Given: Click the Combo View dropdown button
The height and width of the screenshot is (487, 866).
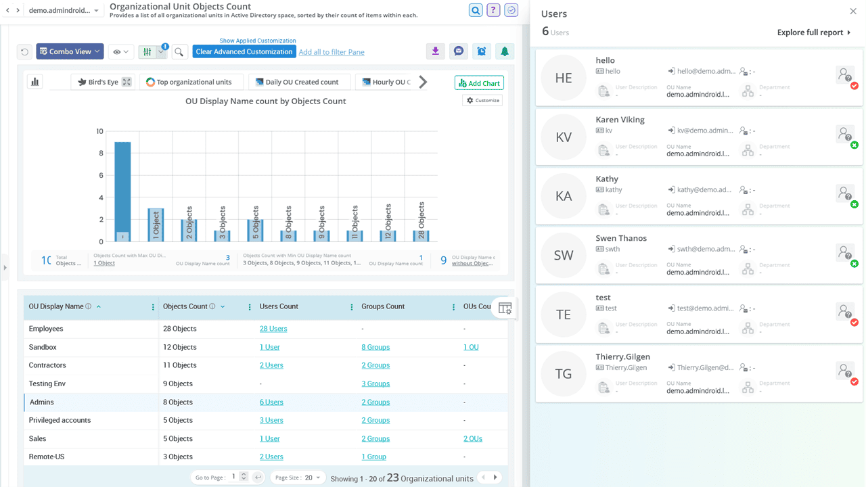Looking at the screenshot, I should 70,51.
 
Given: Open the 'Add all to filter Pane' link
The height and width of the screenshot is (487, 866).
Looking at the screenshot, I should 332,52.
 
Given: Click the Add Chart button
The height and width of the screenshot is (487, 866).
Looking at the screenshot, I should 479,83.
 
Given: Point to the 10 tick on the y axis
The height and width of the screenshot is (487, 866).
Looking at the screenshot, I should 99,131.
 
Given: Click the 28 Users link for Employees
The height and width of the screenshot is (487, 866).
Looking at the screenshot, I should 273,329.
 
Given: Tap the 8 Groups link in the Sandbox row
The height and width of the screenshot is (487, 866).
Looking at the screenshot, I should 375,347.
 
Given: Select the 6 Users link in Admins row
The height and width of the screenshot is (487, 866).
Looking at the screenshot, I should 271,402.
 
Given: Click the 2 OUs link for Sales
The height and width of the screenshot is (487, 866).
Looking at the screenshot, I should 472,438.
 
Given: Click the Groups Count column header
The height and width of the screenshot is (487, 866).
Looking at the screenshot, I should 383,306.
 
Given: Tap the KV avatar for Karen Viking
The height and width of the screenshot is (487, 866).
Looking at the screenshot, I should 563,137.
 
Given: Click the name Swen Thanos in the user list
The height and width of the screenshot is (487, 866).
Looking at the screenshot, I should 621,238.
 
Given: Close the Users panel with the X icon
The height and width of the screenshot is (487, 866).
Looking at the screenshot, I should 853,11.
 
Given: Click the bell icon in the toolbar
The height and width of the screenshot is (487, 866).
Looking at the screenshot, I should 504,51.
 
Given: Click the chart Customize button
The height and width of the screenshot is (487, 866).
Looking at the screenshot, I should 482,100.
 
